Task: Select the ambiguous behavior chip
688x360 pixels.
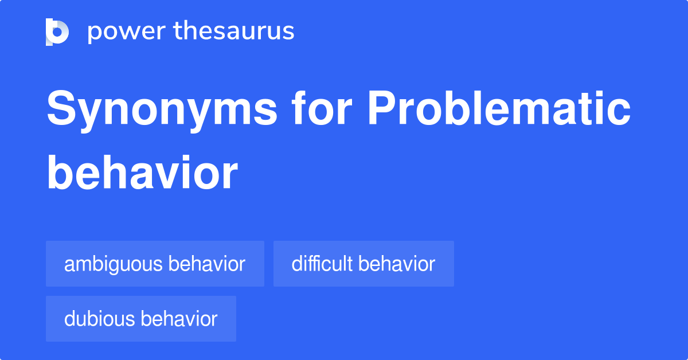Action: pyautogui.click(x=155, y=264)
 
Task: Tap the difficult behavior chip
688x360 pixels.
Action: pyautogui.click(x=363, y=264)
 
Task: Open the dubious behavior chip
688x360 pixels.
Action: pyautogui.click(x=141, y=319)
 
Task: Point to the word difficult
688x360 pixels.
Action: pyautogui.click(x=322, y=264)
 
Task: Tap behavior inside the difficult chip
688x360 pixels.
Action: pyautogui.click(x=397, y=264)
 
